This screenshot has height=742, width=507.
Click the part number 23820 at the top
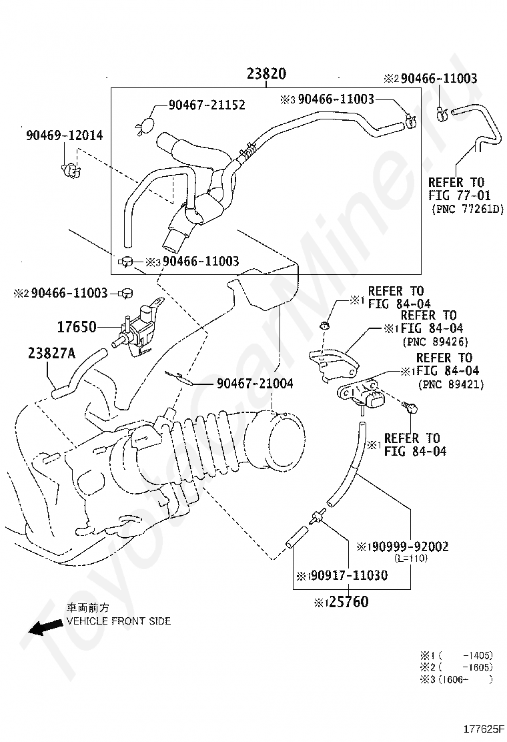266,75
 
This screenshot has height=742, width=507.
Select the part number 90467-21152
206,105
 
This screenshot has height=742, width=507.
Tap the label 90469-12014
64,135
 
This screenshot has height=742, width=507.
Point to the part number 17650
76,327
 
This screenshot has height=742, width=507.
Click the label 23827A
52,353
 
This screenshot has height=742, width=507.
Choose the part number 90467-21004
254,384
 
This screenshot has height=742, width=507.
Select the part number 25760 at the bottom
346,602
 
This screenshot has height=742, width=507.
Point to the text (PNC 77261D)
468,210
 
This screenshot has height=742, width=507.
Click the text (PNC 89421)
451,384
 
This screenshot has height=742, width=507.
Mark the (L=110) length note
410,559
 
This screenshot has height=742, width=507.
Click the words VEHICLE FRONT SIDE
118,621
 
